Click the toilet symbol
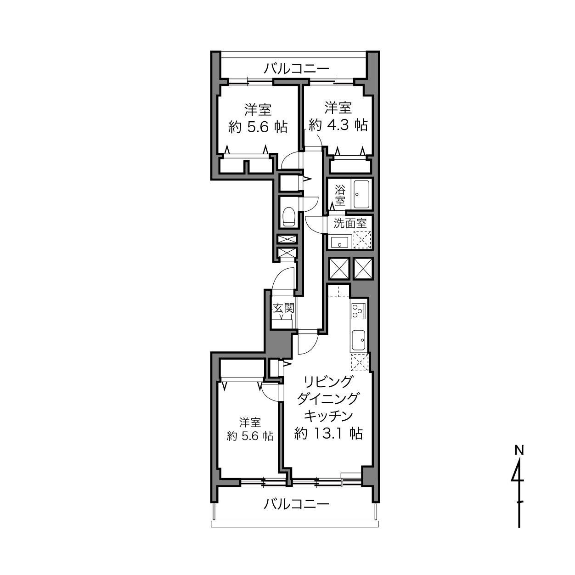click(288, 217)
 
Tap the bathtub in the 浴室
click(362, 194)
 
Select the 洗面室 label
click(350, 224)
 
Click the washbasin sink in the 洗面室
click(339, 242)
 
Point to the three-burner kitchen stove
click(357, 311)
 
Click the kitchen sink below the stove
click(359, 340)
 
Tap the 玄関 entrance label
click(283, 308)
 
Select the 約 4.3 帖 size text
click(338, 125)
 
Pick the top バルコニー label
click(296, 69)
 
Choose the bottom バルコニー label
click(296, 505)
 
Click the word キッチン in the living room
click(328, 416)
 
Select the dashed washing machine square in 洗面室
click(362, 240)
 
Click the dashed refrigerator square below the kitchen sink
click(360, 362)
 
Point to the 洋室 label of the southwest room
click(250, 423)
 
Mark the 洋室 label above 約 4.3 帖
click(338, 108)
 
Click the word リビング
click(328, 382)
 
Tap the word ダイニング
click(328, 399)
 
